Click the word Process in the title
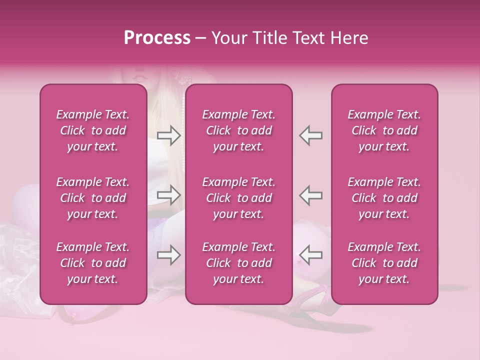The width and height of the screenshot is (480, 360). [x=157, y=38]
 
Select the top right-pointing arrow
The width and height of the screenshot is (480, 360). [x=169, y=135]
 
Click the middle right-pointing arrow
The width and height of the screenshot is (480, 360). [x=169, y=194]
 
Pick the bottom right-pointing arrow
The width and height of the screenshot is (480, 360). [x=169, y=255]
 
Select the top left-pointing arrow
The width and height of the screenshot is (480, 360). [x=310, y=135]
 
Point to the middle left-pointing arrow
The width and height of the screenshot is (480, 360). [x=310, y=194]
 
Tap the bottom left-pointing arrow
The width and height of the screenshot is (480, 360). [x=310, y=255]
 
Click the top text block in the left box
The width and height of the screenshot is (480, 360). [x=93, y=130]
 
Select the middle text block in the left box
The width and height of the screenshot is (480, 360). [x=93, y=198]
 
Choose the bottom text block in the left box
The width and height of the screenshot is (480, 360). [x=93, y=263]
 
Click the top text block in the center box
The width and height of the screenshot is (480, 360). [x=238, y=130]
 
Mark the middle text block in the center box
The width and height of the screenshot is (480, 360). [x=238, y=198]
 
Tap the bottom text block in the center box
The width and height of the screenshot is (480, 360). [x=238, y=263]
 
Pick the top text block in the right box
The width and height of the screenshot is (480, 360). [x=384, y=130]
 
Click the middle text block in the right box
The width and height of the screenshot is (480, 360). [x=384, y=198]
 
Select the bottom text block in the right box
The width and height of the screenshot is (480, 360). [x=384, y=263]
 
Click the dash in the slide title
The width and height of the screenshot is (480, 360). [x=200, y=38]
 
